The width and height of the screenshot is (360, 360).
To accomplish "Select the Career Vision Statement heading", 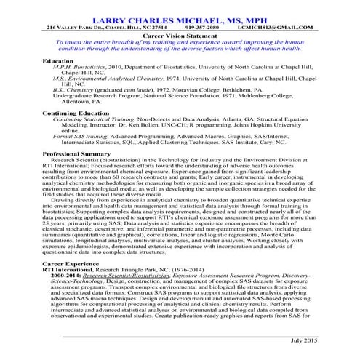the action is [181, 35].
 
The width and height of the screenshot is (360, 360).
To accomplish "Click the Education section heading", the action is [58, 61].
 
